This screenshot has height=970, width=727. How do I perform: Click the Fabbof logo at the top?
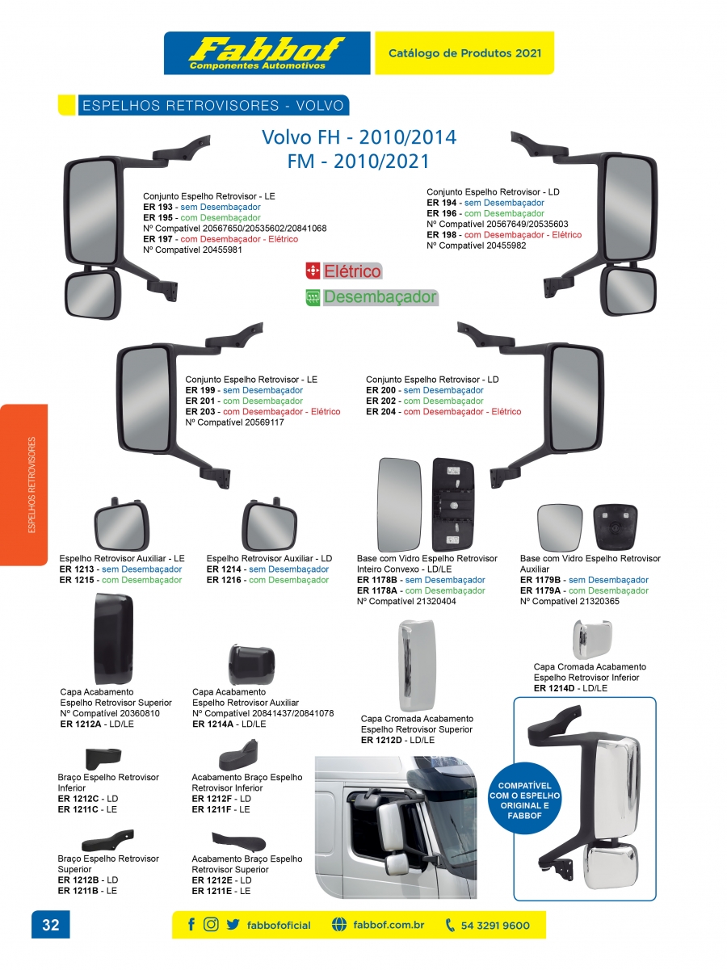click(x=267, y=53)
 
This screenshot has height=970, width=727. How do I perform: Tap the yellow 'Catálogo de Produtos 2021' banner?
click(x=464, y=53)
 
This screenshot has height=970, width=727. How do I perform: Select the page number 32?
click(x=51, y=925)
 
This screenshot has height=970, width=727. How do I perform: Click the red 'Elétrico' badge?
click(x=343, y=271)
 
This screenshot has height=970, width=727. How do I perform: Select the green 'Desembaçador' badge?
click(x=372, y=297)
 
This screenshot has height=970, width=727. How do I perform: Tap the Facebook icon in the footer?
click(x=191, y=925)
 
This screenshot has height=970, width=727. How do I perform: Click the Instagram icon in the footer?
click(x=212, y=925)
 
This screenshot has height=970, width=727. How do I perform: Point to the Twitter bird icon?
click(x=233, y=925)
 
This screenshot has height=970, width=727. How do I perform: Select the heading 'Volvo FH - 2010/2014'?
click(x=359, y=136)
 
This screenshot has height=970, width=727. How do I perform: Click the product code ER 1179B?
click(x=543, y=580)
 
